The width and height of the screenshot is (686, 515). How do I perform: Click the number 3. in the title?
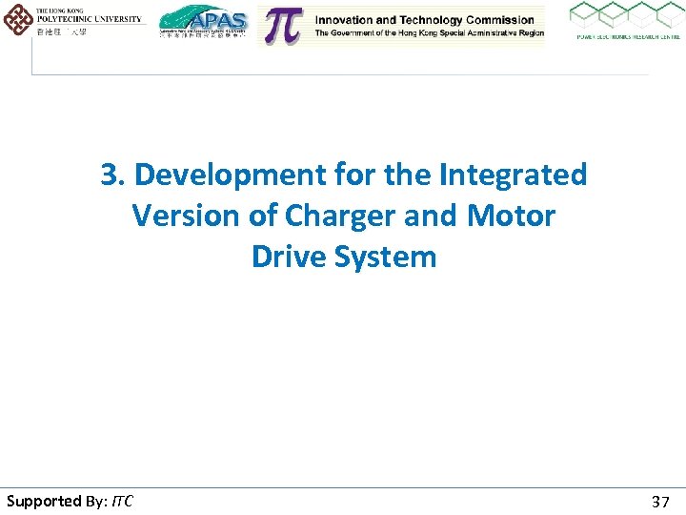tap(114, 175)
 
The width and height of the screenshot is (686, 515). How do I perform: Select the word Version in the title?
tap(187, 216)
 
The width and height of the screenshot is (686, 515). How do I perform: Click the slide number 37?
tap(660, 502)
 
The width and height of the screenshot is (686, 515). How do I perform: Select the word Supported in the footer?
tap(44, 502)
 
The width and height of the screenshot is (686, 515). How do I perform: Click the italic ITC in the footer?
tap(122, 502)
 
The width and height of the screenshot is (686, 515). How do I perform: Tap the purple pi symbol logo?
tap(282, 26)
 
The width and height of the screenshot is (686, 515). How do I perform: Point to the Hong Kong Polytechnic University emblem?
tap(17, 19)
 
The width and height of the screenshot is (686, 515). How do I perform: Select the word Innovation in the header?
tap(348, 20)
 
